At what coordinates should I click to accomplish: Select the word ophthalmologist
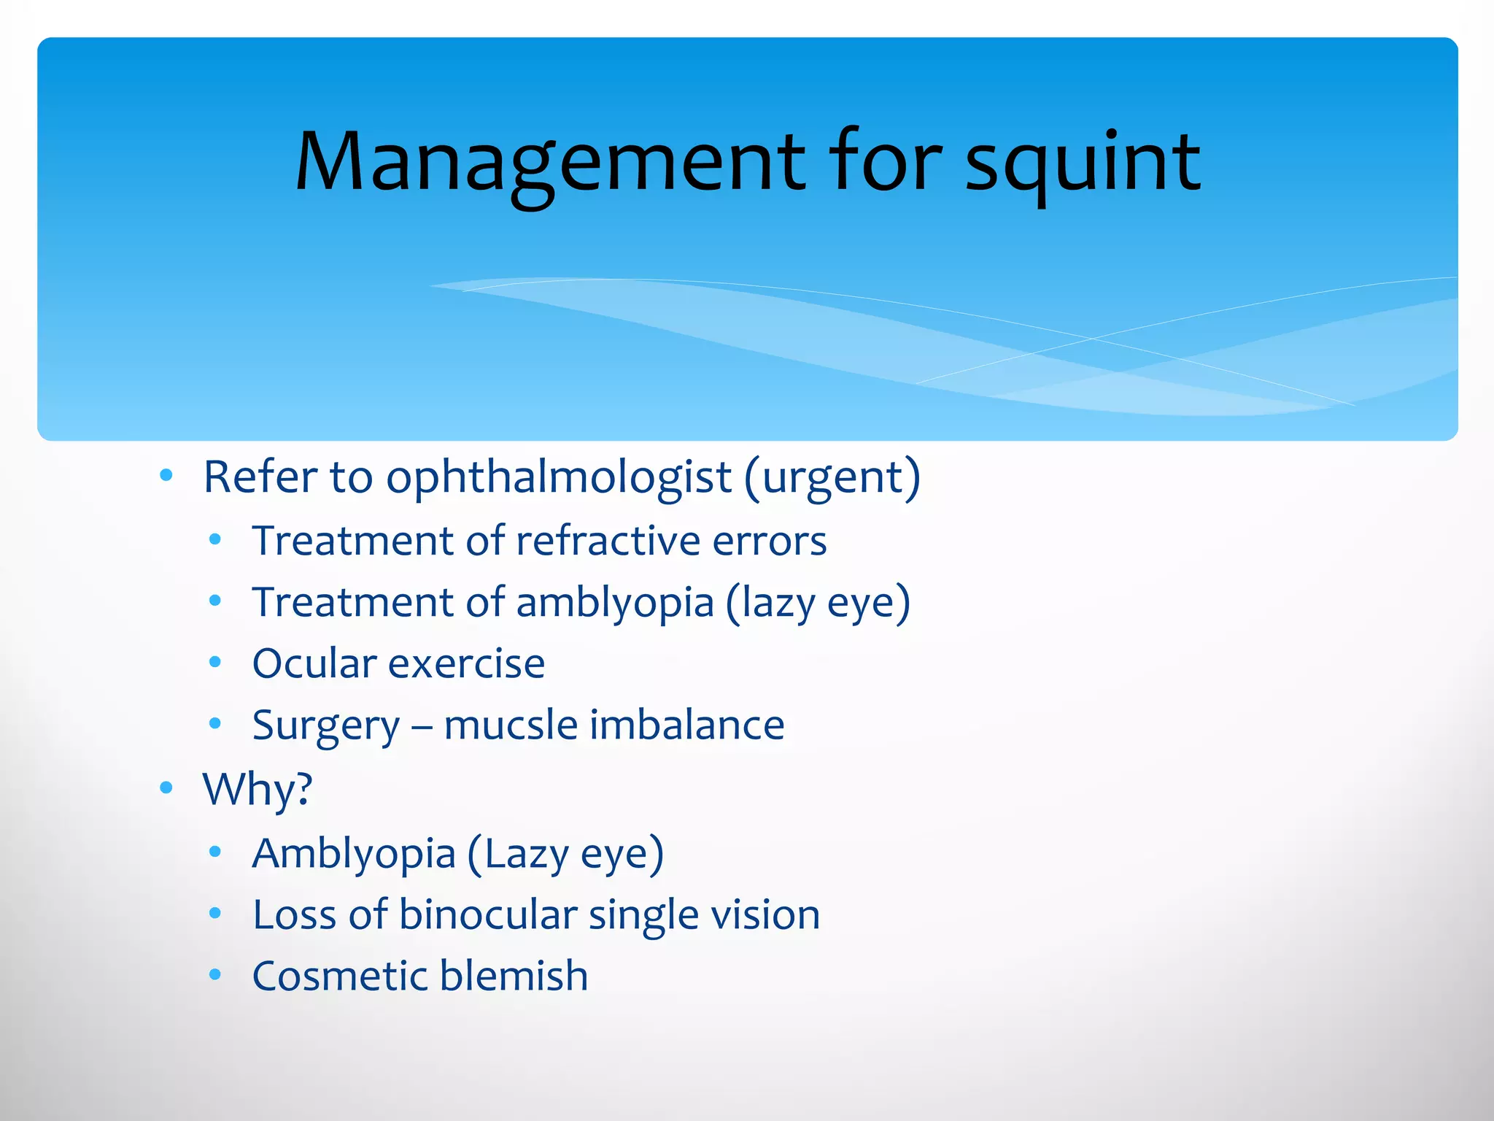[558, 478]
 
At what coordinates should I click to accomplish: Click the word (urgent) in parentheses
[832, 478]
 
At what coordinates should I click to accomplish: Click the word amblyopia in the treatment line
[614, 603]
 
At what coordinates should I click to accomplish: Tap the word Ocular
[314, 664]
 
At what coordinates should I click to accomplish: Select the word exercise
[467, 664]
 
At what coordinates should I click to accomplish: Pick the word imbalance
[687, 725]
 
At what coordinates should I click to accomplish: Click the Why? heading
[258, 790]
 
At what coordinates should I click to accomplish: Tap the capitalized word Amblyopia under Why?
[354, 854]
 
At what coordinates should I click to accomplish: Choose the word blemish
[514, 976]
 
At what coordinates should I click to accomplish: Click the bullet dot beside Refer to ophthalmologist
[166, 476]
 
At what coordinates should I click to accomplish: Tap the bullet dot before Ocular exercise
[214, 663]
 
